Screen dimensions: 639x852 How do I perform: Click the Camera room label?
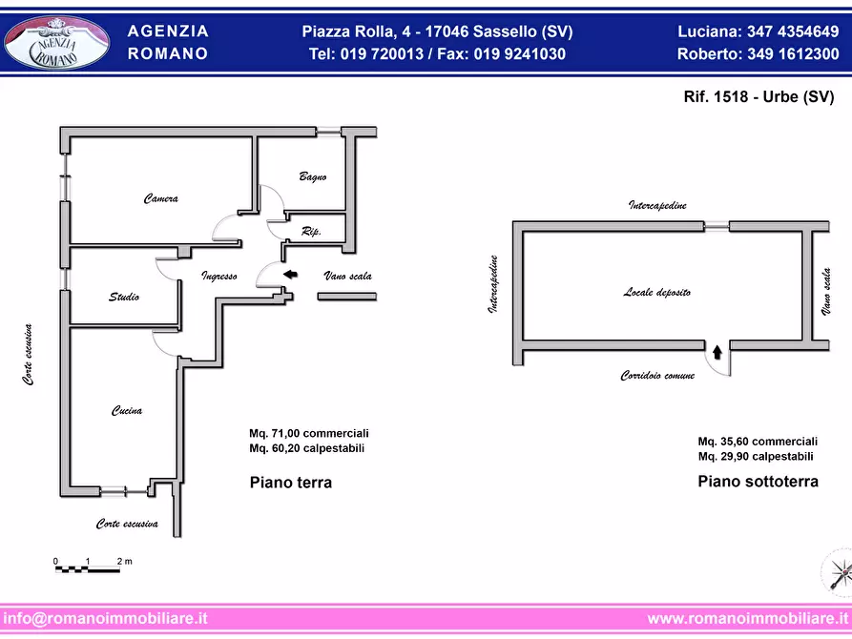point(161,199)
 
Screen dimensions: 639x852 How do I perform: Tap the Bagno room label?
point(313,176)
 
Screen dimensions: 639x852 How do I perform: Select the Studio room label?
point(123,298)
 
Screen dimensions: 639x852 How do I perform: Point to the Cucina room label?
point(127,411)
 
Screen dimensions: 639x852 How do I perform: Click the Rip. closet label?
point(310,232)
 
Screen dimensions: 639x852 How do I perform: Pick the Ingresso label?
point(218,276)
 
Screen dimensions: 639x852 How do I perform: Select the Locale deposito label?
point(657,293)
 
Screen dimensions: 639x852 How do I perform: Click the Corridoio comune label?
point(657,376)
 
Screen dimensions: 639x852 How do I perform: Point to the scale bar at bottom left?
point(90,567)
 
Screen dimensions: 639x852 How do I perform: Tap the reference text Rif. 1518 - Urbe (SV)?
point(746,97)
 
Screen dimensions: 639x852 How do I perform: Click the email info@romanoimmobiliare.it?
point(105,618)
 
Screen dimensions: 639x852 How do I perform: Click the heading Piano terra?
point(290,483)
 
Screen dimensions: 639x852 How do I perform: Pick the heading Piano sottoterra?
point(758,482)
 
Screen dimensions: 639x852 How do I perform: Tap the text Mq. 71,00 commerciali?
point(308,433)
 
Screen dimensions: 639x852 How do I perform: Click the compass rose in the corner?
point(835,572)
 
